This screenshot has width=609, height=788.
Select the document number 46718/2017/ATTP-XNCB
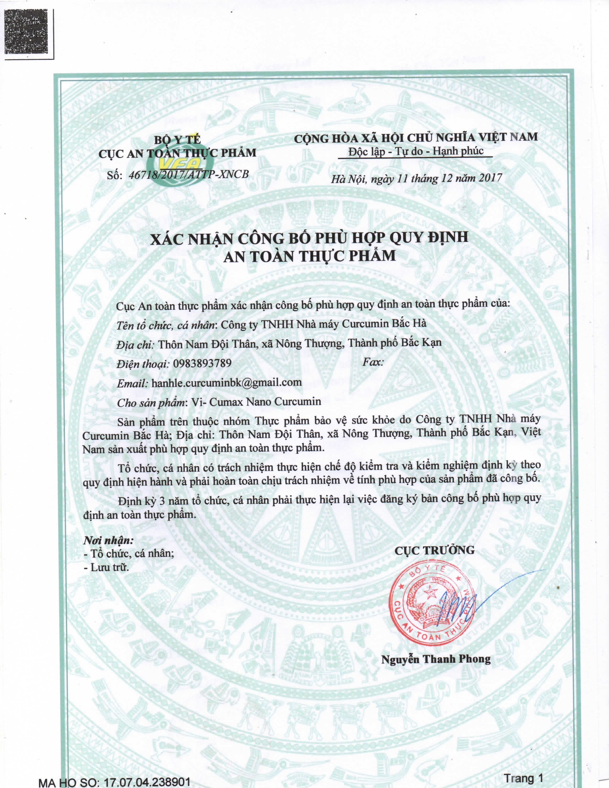click(189, 174)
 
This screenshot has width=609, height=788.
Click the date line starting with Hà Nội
click(417, 178)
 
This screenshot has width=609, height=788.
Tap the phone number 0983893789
click(202, 363)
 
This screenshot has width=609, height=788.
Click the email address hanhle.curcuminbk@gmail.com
click(227, 383)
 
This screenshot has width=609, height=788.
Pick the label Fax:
click(373, 362)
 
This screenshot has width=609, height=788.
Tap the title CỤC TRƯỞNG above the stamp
click(434, 550)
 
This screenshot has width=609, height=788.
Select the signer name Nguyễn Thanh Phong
click(436, 659)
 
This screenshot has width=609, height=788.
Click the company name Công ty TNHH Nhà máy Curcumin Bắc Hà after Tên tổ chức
click(324, 324)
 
